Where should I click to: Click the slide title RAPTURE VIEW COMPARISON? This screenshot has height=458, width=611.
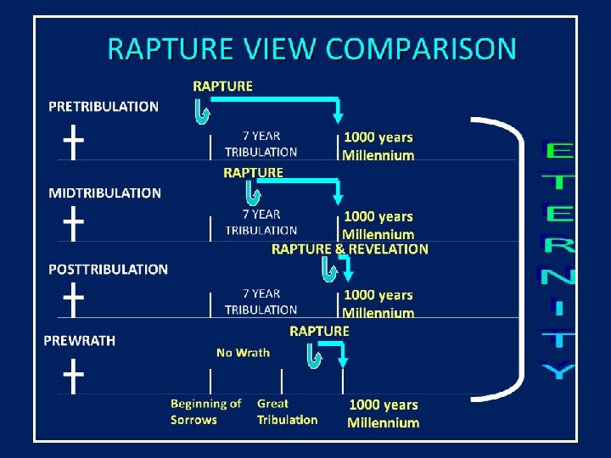point(311,48)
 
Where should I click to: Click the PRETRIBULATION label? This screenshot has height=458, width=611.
point(104,107)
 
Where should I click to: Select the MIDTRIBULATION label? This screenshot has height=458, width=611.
point(104,193)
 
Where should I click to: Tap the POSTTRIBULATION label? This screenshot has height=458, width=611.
point(108,270)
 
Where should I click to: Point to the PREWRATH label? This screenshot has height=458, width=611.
point(79,340)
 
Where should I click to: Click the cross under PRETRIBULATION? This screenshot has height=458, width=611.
point(75,142)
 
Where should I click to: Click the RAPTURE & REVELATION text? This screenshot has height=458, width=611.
point(350,249)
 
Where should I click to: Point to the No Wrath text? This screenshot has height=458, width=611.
point(243,353)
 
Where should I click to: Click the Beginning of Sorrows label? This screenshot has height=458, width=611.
point(205,411)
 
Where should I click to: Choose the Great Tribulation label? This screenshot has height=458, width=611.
point(287,411)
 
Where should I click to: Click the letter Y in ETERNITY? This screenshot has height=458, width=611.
point(558,370)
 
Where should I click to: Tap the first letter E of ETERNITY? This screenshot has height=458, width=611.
point(558,153)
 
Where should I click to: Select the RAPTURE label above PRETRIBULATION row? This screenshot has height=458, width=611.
point(222,86)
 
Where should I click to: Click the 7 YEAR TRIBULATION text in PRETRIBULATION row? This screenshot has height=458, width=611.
point(261,143)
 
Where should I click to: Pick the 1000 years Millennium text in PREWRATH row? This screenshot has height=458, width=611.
point(384,413)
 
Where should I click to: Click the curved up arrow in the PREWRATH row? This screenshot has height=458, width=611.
point(314,358)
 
